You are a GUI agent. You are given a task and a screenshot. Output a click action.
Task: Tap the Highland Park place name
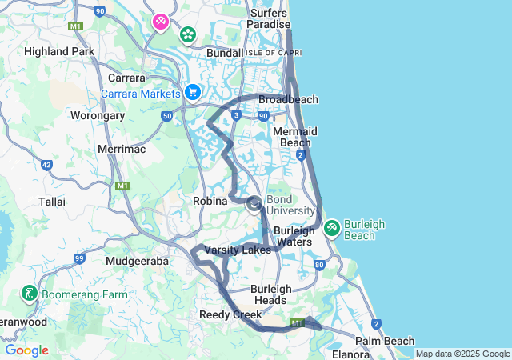(59, 51)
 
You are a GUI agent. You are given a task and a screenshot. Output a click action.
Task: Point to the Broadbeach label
(288, 100)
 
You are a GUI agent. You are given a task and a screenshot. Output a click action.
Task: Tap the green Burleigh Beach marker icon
(332, 229)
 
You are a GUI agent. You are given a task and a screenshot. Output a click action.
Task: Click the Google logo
(26, 350)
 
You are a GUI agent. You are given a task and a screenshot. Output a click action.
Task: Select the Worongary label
(98, 116)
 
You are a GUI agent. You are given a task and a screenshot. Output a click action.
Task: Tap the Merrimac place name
(120, 149)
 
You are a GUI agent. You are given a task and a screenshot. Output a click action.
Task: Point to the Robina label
(211, 202)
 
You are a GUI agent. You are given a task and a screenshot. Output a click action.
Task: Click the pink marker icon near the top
(161, 20)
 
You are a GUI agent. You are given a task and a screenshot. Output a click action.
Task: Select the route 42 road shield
(47, 165)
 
